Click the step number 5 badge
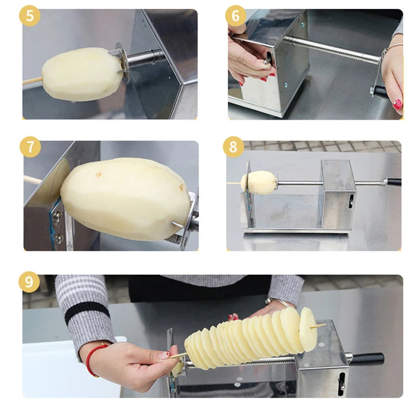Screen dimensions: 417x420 click(x=29, y=16)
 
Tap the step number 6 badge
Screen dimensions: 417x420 click(x=235, y=16)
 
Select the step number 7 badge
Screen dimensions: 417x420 click(x=30, y=147)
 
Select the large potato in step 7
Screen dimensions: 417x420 click(x=125, y=199)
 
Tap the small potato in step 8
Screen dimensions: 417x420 click(x=259, y=182)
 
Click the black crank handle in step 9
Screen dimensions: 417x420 click(x=367, y=359)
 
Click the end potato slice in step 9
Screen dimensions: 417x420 click(x=308, y=329)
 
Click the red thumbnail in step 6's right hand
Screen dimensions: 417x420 click(x=397, y=104)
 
